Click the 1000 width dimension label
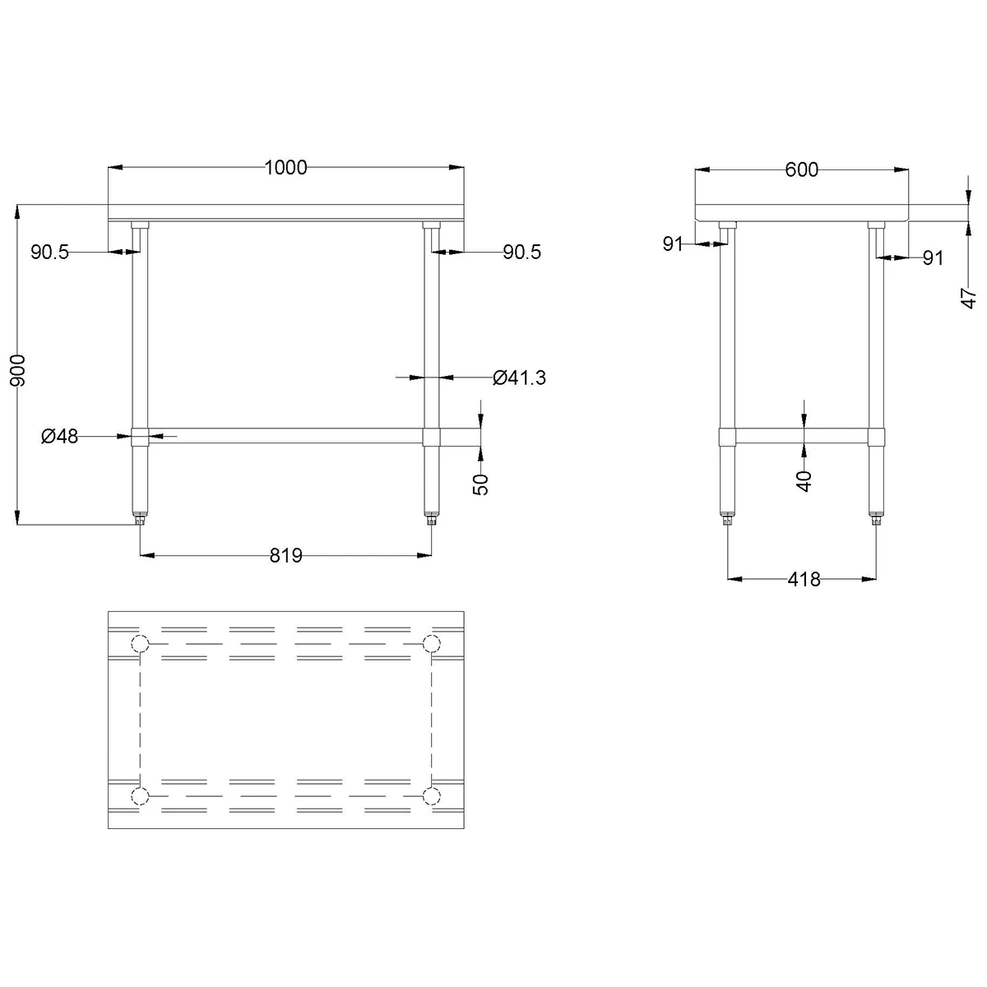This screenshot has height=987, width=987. coord(285,168)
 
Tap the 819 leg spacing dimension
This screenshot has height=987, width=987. coord(286,556)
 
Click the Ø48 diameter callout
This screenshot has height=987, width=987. coord(59,436)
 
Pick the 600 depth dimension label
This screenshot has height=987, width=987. coord(802,169)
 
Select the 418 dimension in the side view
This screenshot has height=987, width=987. coord(804,579)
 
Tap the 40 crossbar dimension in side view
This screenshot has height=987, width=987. coord(804,480)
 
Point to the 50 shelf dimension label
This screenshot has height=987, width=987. coord(482,484)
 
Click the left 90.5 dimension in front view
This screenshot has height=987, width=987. coord(50,253)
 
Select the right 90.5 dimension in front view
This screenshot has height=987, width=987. coord(522,253)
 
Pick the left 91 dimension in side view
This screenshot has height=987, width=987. coord(674,243)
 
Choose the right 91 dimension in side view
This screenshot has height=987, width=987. coord(932,258)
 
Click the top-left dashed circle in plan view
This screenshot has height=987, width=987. coord(140,643)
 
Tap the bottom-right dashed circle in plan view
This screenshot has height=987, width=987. coord(430,795)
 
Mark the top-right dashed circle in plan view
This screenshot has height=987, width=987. coord(430,643)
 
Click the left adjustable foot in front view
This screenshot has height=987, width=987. coord(140,518)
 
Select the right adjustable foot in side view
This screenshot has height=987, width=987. coord(875,518)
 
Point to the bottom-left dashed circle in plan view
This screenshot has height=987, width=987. coord(140,795)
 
